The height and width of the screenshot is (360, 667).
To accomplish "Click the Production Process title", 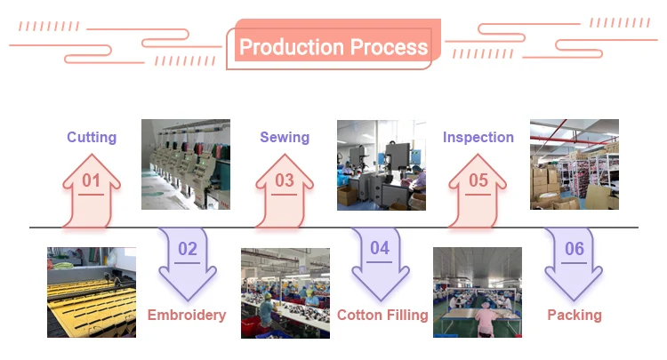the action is click(x=333, y=47).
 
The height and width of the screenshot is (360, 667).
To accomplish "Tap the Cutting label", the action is click(x=92, y=137).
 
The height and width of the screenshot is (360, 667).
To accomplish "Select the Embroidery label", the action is click(x=187, y=315).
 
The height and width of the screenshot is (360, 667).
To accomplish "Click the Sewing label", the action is click(x=285, y=137).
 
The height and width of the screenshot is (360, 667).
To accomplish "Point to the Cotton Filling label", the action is click(x=382, y=315).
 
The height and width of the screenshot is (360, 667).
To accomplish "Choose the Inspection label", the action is click(x=478, y=137).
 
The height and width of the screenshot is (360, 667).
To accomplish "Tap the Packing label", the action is click(x=575, y=315).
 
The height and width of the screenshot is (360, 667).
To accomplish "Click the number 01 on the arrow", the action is click(x=92, y=181).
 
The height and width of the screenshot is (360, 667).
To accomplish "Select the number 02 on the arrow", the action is click(x=187, y=249).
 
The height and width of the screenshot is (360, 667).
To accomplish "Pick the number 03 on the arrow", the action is click(x=285, y=181).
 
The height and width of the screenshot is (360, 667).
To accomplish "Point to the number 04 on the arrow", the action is click(x=380, y=249).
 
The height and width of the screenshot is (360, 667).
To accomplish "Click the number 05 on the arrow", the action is click(x=478, y=181).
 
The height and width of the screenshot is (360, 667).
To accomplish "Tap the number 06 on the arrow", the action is click(x=575, y=249).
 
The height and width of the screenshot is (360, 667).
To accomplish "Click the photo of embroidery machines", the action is click(x=186, y=164).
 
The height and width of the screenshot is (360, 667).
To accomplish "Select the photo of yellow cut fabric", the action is click(x=92, y=292).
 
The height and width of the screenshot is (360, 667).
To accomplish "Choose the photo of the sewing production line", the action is click(x=285, y=292).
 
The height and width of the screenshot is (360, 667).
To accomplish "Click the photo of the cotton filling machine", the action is click(x=381, y=164).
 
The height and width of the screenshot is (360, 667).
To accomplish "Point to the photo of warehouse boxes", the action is click(x=574, y=164).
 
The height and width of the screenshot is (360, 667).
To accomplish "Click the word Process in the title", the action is click(x=388, y=47).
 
